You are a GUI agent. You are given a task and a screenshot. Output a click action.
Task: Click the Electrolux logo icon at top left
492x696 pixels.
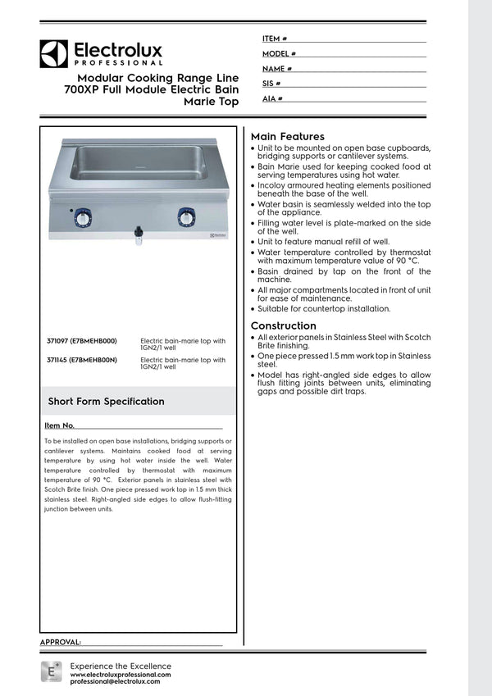tap(53, 54)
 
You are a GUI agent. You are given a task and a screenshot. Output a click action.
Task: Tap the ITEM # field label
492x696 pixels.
tap(274, 39)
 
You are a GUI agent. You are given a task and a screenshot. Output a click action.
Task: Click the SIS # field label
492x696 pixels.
tap(271, 84)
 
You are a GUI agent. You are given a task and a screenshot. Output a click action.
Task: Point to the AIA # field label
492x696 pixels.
tap(272, 98)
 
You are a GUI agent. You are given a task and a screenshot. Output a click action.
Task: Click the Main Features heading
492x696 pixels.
tap(287, 136)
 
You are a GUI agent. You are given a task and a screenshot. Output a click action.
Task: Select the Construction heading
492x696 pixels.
tap(283, 325)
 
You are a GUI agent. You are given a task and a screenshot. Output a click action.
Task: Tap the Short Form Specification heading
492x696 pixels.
tap(106, 401)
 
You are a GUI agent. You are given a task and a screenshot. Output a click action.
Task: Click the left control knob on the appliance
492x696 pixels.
tap(84, 217)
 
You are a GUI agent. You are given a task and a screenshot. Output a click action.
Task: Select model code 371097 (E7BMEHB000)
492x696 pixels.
tap(82, 340)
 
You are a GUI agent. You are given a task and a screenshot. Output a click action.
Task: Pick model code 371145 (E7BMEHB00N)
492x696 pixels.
tap(82, 360)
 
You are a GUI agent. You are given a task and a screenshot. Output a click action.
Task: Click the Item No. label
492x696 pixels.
tap(60, 425)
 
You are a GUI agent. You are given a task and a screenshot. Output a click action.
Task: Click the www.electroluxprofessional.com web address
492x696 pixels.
tap(121, 674)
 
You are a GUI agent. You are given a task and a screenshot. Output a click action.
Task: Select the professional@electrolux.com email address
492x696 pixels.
tap(115, 681)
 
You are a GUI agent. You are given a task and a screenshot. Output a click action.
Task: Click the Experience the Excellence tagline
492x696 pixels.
tap(121, 666)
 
